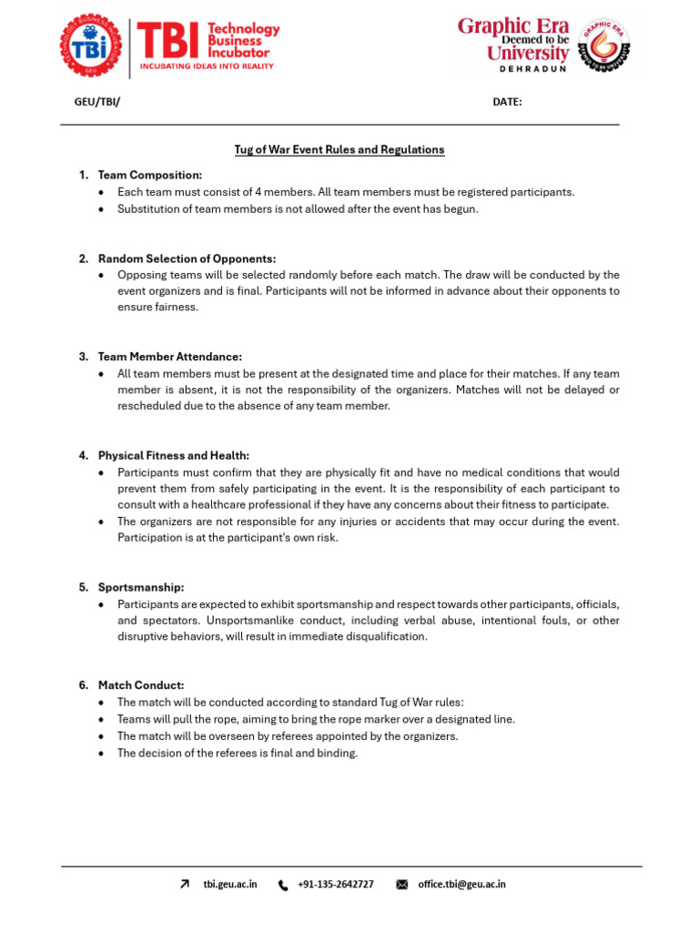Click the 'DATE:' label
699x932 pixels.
[x=507, y=102]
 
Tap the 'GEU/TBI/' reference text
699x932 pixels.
[x=97, y=102]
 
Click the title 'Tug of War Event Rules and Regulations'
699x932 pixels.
[x=339, y=149]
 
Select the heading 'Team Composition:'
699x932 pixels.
[x=150, y=175]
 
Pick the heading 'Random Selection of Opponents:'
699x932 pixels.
[x=187, y=258]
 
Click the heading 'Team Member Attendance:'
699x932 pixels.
[x=170, y=357]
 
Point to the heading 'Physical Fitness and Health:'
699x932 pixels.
[x=174, y=455]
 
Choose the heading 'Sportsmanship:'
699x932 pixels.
[x=141, y=587]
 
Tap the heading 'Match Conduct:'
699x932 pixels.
[x=141, y=684]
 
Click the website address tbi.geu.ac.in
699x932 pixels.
[x=230, y=884]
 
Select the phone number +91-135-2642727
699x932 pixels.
[x=336, y=884]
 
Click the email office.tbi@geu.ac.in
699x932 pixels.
[x=461, y=884]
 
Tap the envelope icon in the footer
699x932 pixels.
[x=402, y=885]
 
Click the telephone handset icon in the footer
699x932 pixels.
[x=283, y=885]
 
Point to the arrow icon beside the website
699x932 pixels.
[x=186, y=884]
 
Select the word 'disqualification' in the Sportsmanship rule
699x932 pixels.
[x=387, y=636]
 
